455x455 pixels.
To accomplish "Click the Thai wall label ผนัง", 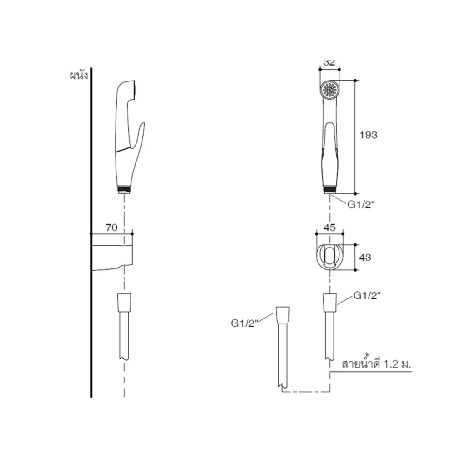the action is (x=79, y=76).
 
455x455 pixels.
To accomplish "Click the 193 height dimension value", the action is (x=368, y=135).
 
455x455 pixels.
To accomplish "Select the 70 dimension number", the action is (x=112, y=227).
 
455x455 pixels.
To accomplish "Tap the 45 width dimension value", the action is (x=329, y=227).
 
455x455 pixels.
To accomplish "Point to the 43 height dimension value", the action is (x=365, y=258).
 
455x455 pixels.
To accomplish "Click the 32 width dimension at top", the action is (x=329, y=62).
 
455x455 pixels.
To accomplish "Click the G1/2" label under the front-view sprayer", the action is (x=361, y=205).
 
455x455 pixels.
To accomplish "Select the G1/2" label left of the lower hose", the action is (x=244, y=323).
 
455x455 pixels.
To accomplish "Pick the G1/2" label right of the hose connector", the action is (x=367, y=296).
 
